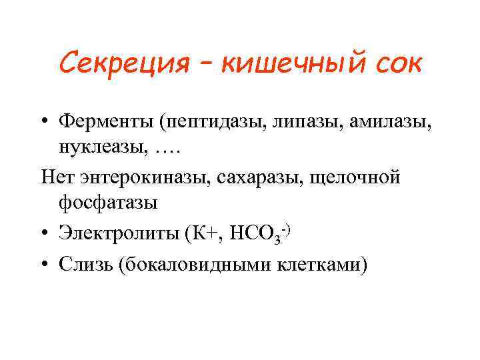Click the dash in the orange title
[x=204, y=64]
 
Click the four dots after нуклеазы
[x=167, y=149]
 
